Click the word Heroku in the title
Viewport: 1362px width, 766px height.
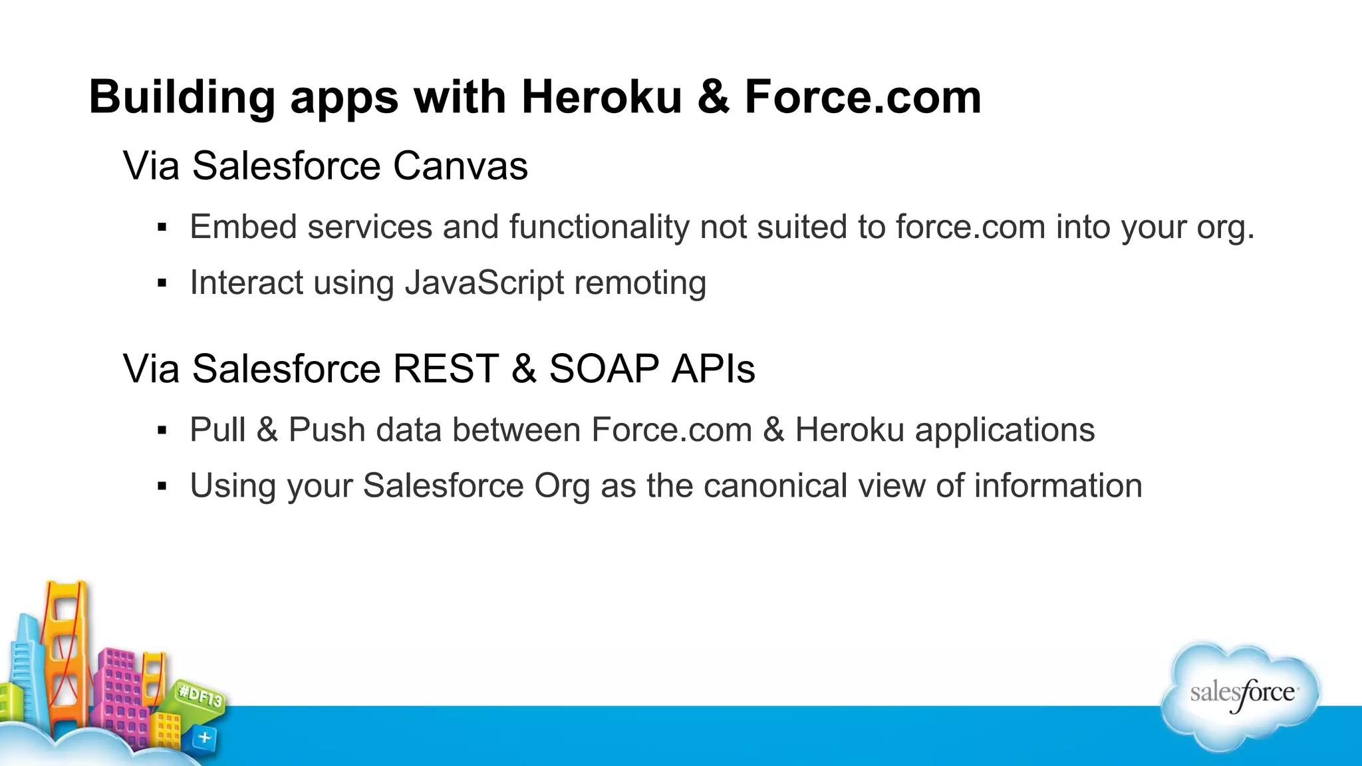coord(601,97)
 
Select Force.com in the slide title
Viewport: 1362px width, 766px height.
coord(863,97)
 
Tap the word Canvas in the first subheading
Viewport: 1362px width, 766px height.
coord(460,166)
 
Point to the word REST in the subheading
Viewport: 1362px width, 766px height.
coord(446,368)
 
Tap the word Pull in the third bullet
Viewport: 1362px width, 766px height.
coord(217,430)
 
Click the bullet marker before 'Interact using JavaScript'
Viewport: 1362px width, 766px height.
coord(162,284)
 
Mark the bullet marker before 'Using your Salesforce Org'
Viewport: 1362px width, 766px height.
coord(162,487)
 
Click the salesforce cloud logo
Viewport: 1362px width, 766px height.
coord(1241,696)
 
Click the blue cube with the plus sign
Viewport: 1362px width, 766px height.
coord(205,737)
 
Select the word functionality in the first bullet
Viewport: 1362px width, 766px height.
coord(599,227)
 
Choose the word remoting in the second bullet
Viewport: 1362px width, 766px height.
coord(640,283)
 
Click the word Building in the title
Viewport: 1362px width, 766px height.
coord(182,97)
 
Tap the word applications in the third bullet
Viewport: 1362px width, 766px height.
coord(1004,430)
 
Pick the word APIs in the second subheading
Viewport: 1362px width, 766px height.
coord(713,368)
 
